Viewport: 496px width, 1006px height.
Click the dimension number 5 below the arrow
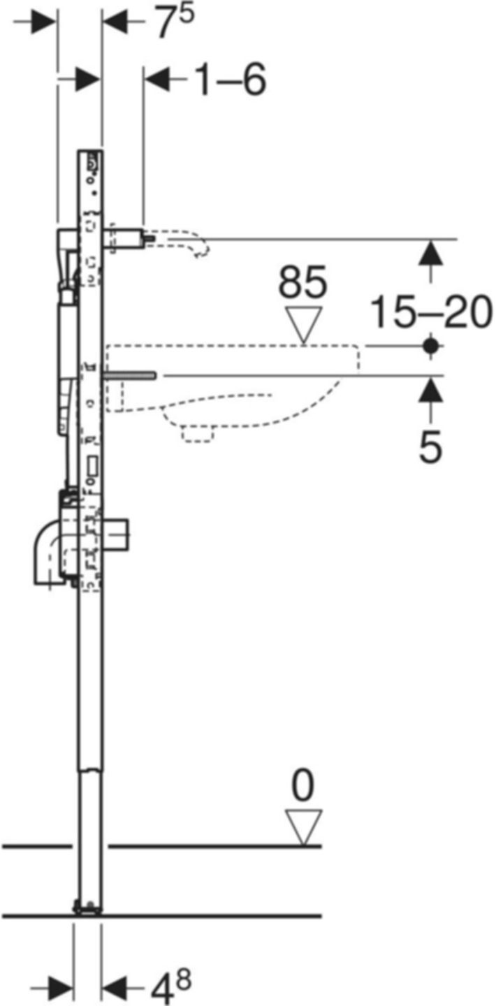431,446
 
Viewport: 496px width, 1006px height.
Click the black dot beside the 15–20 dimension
432,345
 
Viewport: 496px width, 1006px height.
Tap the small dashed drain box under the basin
197,432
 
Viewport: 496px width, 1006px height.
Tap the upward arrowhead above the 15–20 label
432,251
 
